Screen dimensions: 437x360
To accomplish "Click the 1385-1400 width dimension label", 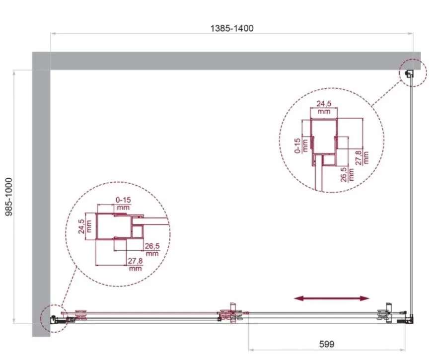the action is pyautogui.click(x=231, y=28).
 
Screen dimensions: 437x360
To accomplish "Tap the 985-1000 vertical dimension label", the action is pyautogui.click(x=9, y=197).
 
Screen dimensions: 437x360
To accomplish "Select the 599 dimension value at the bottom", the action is pyautogui.click(x=327, y=344).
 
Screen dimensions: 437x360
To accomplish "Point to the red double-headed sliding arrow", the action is pyautogui.click(x=332, y=298).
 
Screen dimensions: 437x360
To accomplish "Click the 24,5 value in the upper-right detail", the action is pyautogui.click(x=324, y=104).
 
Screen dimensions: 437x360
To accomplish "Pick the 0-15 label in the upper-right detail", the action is pyautogui.click(x=297, y=145).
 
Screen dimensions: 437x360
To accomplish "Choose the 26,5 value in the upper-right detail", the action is pyautogui.click(x=344, y=174).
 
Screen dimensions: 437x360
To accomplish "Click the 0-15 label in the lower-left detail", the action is pyautogui.click(x=123, y=200).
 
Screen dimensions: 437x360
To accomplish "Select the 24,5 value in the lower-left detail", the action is pyautogui.click(x=81, y=226).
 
